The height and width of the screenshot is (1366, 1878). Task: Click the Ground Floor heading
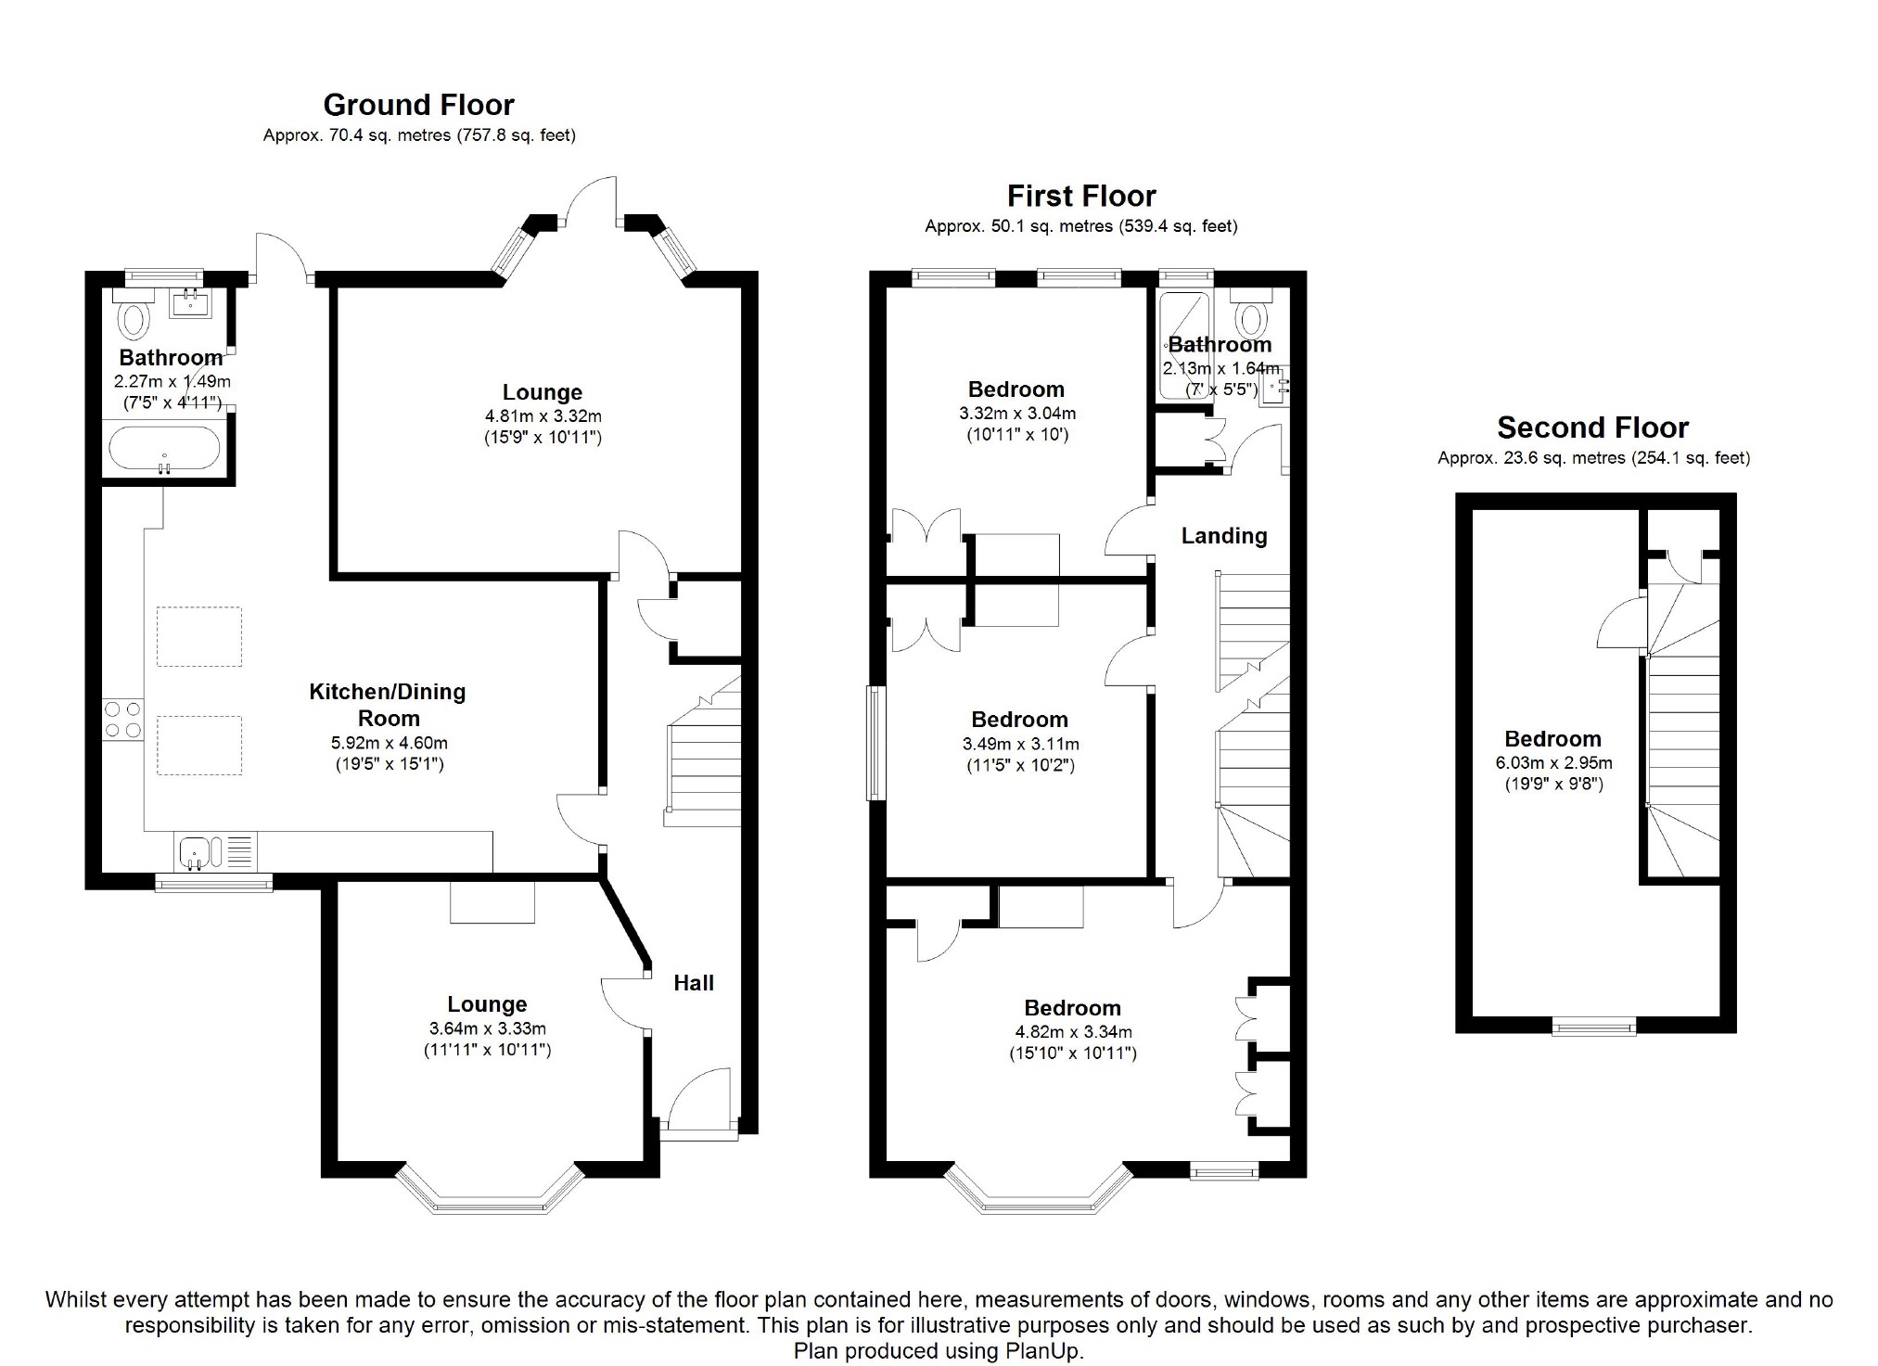pyautogui.click(x=418, y=105)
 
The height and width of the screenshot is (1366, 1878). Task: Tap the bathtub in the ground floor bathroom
pyautogui.click(x=165, y=450)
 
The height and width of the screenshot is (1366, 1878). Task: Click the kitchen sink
pyautogui.click(x=196, y=851)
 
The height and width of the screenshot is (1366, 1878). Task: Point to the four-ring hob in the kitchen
pyautogui.click(x=123, y=720)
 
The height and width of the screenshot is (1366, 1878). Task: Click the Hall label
pyautogui.click(x=693, y=983)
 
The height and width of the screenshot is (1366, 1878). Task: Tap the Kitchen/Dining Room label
pyautogui.click(x=388, y=705)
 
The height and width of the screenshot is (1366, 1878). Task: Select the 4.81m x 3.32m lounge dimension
pyautogui.click(x=543, y=416)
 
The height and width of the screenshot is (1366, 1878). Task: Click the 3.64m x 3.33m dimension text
pyautogui.click(x=487, y=1028)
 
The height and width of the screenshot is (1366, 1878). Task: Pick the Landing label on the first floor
pyautogui.click(x=1223, y=536)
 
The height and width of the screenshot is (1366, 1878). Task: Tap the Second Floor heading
pyautogui.click(x=1592, y=428)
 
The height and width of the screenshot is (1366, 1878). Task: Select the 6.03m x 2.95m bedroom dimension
pyautogui.click(x=1552, y=763)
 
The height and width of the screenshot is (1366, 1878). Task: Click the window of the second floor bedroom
pyautogui.click(x=1594, y=1026)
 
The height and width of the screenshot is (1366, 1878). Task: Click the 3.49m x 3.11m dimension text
pyautogui.click(x=1020, y=744)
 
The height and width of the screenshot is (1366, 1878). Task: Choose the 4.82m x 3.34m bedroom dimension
pyautogui.click(x=1073, y=1032)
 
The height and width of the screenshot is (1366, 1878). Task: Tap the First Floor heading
pyautogui.click(x=1081, y=197)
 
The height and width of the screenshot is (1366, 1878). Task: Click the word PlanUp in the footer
pyautogui.click(x=1043, y=1351)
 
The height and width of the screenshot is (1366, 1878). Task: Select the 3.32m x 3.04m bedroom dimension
pyautogui.click(x=1017, y=414)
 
